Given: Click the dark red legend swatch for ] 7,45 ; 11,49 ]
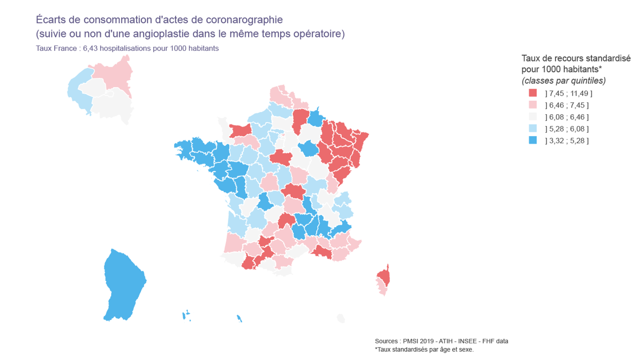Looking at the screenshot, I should point(532,93).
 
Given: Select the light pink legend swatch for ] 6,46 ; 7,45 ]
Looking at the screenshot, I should point(532,105).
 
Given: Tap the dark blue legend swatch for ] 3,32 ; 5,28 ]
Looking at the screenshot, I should point(532,140).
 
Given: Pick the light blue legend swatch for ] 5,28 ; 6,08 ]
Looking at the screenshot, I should point(532,129).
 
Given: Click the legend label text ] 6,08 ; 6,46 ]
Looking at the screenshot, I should point(567,117).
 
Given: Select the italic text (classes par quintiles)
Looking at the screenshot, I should point(564,81).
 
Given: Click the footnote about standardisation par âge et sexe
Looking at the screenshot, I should point(424,350).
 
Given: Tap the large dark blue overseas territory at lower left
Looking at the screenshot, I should point(123,284).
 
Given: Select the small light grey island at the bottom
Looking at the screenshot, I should point(340,319).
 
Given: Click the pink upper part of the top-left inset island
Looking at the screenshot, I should point(115,72).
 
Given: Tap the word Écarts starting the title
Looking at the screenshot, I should point(51,20).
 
